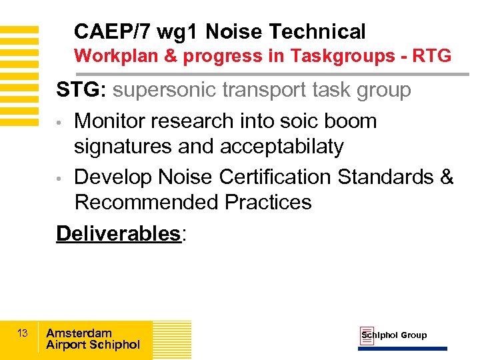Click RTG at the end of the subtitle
[432, 56]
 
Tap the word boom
[351, 121]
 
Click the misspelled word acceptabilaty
[280, 146]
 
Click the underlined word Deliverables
[118, 233]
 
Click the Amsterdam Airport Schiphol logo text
[93, 339]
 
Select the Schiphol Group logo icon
[367, 336]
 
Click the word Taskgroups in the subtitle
[344, 56]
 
